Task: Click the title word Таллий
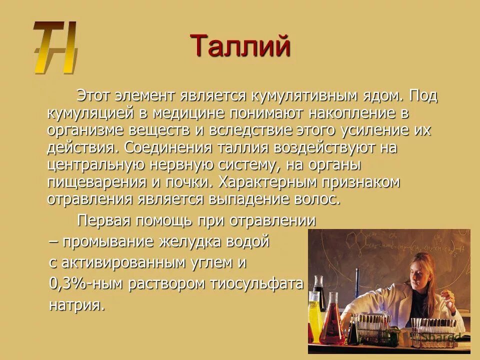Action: pyautogui.click(x=240, y=46)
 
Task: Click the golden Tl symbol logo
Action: pyautogui.click(x=55, y=47)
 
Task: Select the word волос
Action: pyautogui.click(x=318, y=199)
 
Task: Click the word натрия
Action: pyautogui.click(x=77, y=305)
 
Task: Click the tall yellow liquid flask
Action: pyautogui.click(x=314, y=315)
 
